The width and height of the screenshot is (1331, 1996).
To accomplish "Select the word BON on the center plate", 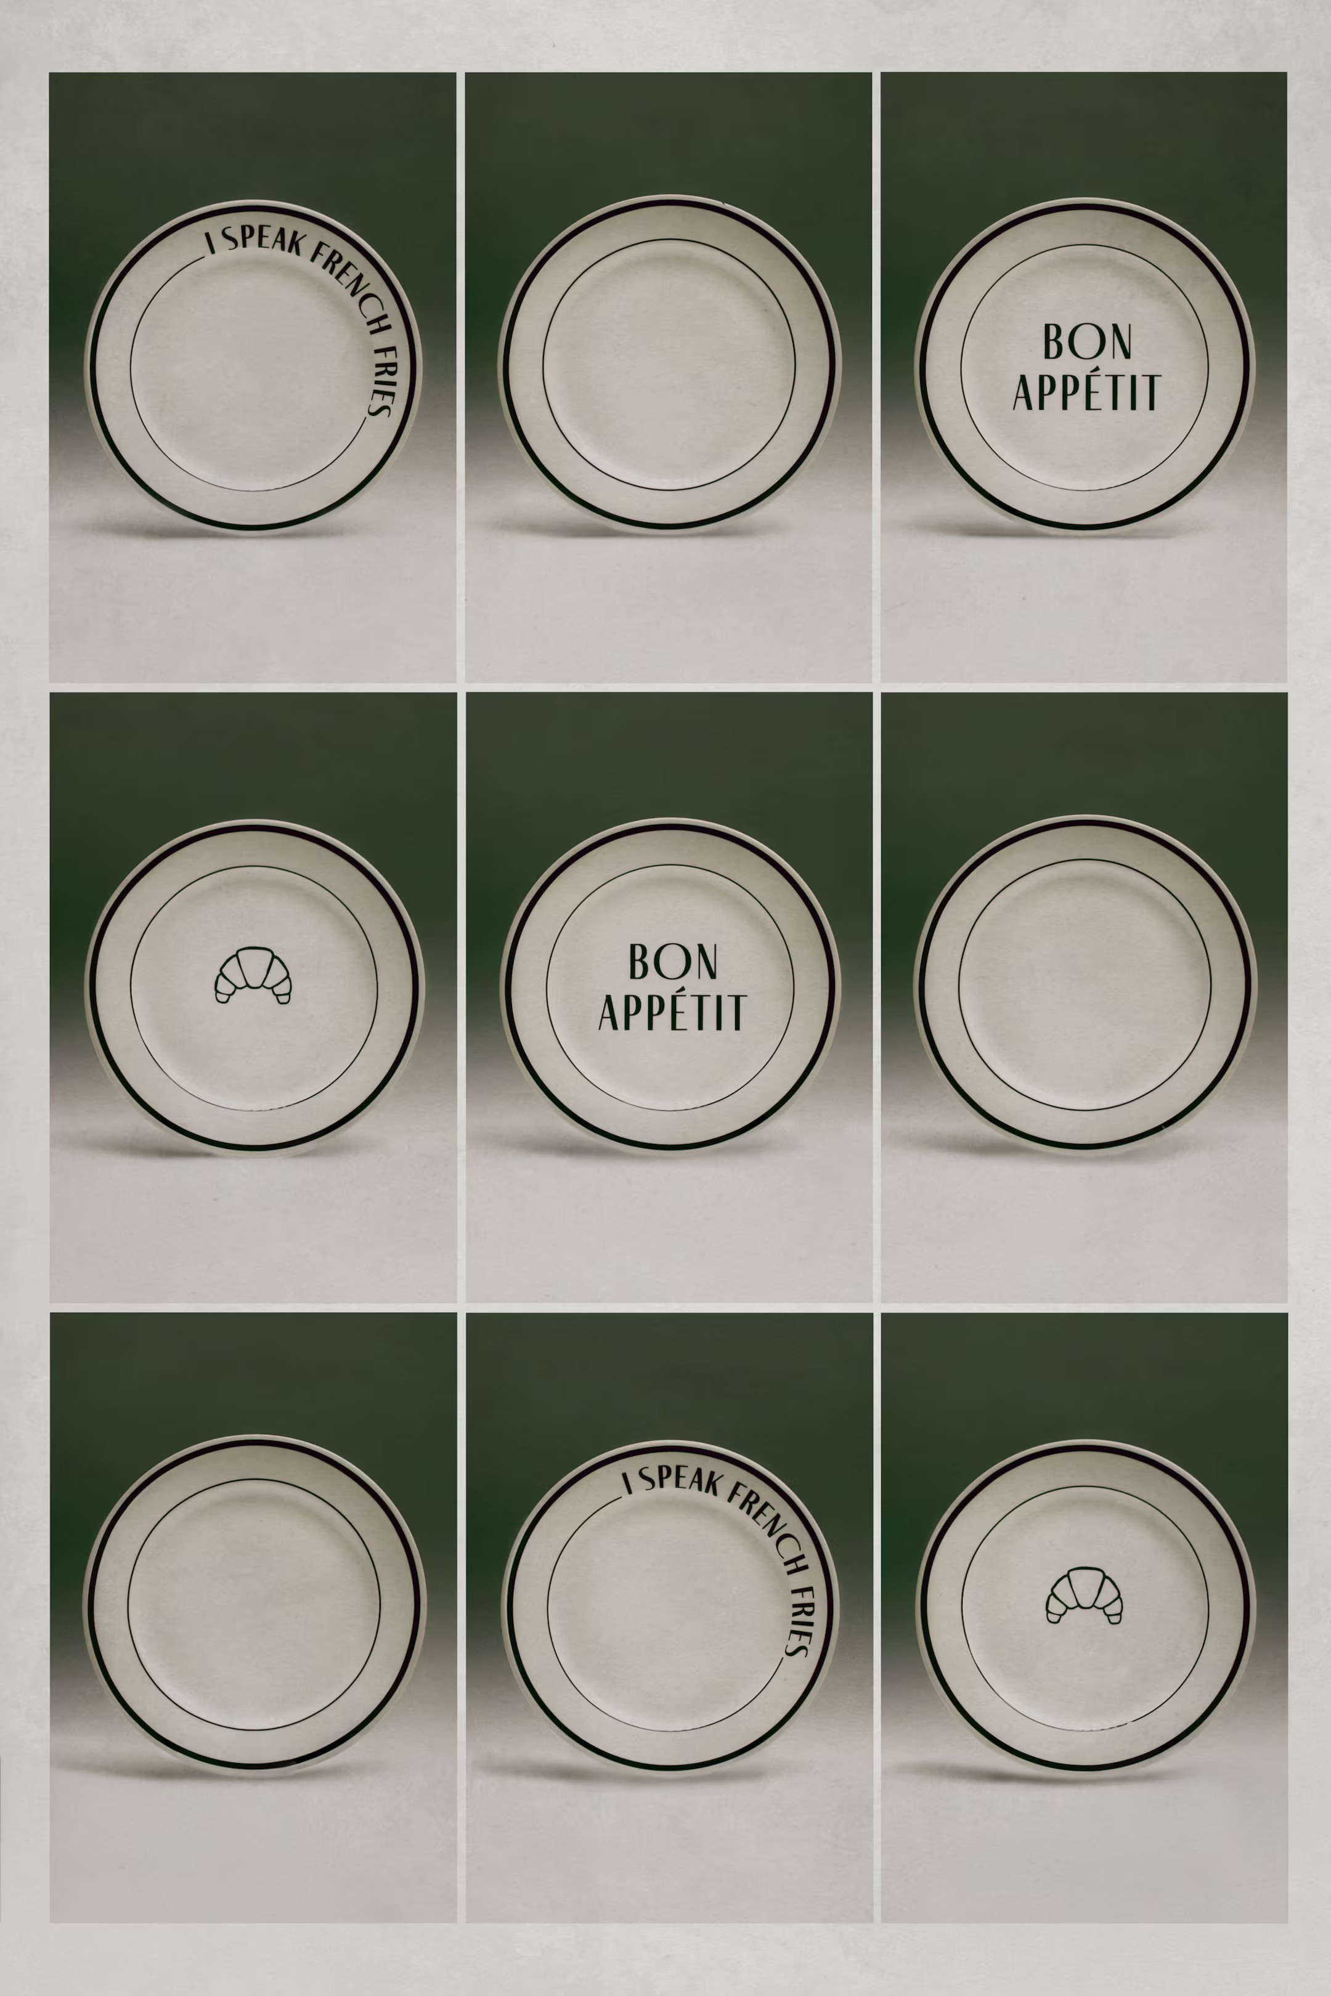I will click(x=672, y=962).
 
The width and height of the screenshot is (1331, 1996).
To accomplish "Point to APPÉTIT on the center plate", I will click(x=672, y=1012).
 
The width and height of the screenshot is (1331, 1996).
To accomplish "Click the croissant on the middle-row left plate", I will click(x=253, y=975).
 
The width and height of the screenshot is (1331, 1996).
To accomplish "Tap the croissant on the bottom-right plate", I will click(x=1084, y=1594).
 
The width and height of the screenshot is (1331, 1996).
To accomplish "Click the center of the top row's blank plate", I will click(x=670, y=365).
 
